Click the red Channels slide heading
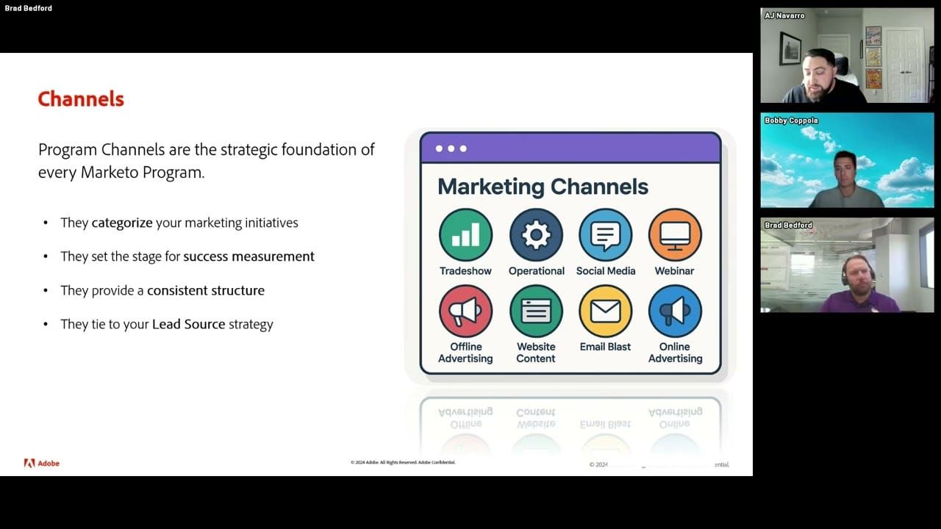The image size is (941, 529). click(81, 99)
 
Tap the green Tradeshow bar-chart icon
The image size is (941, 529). click(465, 235)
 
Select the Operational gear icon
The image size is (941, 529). click(536, 235)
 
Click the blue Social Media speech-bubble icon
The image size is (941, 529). click(606, 235)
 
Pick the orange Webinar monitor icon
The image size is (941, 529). click(675, 235)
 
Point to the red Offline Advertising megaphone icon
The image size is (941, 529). click(465, 312)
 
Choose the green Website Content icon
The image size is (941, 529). click(536, 312)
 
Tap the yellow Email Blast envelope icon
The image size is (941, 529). click(606, 312)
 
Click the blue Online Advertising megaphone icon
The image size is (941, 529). click(675, 312)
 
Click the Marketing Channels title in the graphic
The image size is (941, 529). click(543, 187)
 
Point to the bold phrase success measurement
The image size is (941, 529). click(248, 256)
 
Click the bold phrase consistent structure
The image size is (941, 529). click(206, 290)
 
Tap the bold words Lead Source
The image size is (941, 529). click(188, 324)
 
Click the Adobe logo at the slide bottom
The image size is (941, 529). click(42, 463)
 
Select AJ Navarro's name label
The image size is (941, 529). click(785, 15)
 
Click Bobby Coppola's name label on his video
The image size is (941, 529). click(791, 120)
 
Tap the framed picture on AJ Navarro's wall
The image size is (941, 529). click(790, 48)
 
